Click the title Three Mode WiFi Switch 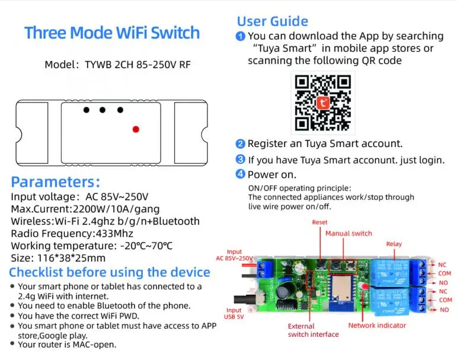pos(112,33)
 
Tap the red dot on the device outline pos(135,129)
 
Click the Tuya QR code pos(322,102)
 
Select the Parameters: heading pos(56,182)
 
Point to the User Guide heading pos(272,21)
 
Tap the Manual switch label pos(349,233)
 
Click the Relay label pos(394,244)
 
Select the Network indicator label pos(377,325)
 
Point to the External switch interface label pos(313,330)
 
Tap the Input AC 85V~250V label pos(235,256)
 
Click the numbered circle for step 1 pos(241,37)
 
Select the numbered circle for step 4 pos(240,174)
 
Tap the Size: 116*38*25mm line pos(58,258)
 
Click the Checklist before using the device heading pos(110,273)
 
